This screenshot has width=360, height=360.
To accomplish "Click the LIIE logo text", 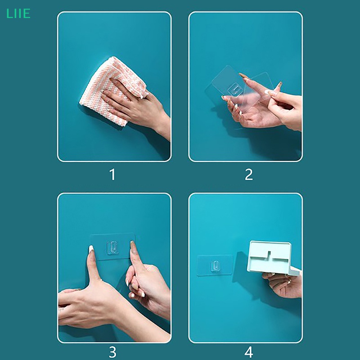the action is click(x=18, y=13).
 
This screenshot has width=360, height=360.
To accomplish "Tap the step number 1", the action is click(x=112, y=175).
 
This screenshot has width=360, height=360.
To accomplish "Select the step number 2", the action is click(x=249, y=175).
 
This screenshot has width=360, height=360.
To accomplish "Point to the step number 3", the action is click(x=112, y=352).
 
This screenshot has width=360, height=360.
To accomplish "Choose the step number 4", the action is click(x=249, y=352).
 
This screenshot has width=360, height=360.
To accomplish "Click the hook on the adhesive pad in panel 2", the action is click(x=234, y=90).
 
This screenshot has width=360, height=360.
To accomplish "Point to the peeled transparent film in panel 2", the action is click(x=257, y=90).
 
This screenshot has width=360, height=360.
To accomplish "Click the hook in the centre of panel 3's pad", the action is click(x=112, y=247).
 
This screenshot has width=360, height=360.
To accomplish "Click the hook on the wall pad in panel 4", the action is click(x=215, y=265).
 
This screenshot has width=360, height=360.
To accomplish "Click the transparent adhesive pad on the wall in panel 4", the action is click(x=215, y=265).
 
